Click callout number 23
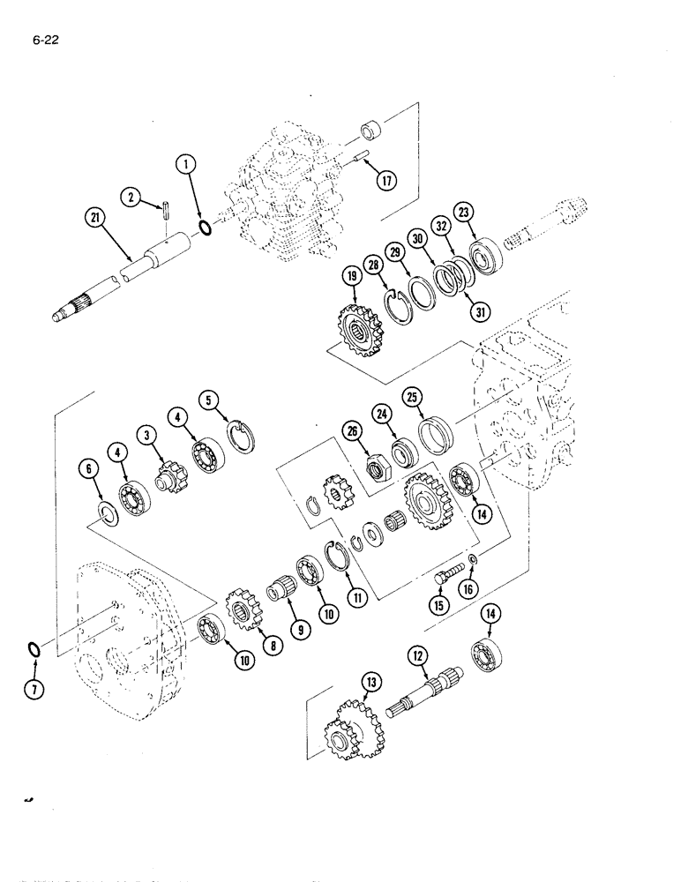point(465,212)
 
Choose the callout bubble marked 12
point(417,655)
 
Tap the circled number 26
point(351,431)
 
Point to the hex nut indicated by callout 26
point(374,467)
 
